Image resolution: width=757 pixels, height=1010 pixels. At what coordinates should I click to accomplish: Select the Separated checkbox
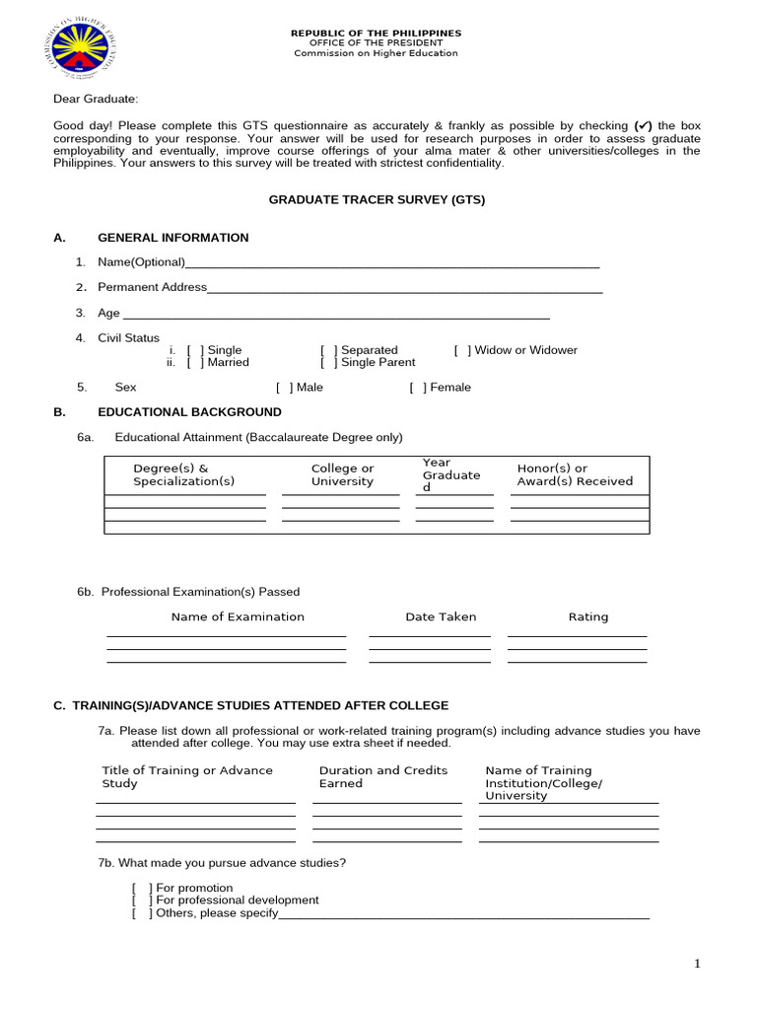329,350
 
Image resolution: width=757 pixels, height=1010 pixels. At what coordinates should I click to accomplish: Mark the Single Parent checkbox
329,362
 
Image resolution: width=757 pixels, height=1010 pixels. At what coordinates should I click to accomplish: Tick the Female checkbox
419,388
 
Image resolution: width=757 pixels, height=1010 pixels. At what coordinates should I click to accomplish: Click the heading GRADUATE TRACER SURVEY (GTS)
378,199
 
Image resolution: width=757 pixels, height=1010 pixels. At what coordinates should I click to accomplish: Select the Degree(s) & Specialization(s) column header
184,474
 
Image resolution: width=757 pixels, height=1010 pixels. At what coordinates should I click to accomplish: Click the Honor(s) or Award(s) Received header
575,474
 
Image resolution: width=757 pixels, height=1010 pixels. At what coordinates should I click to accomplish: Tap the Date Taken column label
441,616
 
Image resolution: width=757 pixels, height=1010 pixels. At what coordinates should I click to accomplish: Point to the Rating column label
588,616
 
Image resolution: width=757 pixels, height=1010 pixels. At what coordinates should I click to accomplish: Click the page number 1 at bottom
697,965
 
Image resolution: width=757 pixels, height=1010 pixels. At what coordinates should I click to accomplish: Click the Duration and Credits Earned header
382,777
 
